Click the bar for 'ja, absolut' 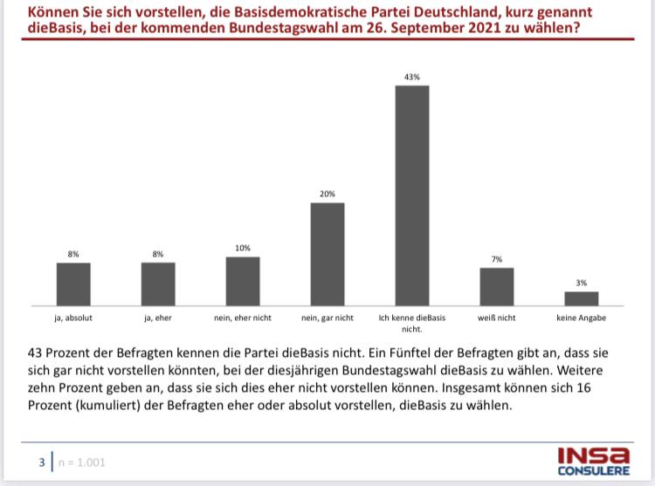(73, 283)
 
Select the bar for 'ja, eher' (158, 283)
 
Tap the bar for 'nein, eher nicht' (243, 280)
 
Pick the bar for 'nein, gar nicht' (327, 253)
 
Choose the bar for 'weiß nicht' (497, 285)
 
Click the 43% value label (412, 78)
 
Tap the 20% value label (327, 195)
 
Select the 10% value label (243, 249)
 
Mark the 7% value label (497, 259)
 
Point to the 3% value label (581, 283)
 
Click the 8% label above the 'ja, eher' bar (158, 254)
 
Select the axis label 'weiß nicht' (497, 318)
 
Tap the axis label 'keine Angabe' (581, 318)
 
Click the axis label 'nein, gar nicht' (327, 318)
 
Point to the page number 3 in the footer (40, 462)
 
